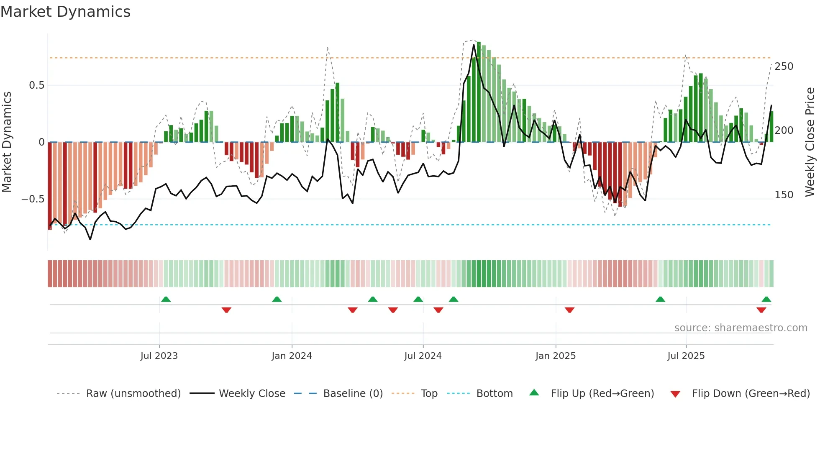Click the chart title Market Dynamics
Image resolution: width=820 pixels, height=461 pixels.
click(65, 12)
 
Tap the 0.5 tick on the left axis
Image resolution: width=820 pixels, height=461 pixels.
click(36, 85)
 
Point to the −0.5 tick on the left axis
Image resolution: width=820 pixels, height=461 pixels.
click(33, 199)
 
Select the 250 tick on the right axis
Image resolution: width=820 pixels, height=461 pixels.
click(784, 67)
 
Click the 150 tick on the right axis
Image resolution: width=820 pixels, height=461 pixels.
click(784, 195)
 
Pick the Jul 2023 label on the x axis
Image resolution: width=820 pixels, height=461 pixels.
click(159, 356)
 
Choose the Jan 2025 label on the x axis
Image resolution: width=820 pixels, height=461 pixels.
click(555, 356)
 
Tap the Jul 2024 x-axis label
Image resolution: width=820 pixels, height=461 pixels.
click(423, 356)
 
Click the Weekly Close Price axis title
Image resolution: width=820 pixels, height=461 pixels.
click(810, 142)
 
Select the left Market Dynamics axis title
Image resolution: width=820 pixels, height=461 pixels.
click(7, 142)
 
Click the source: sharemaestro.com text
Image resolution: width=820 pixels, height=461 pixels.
click(741, 328)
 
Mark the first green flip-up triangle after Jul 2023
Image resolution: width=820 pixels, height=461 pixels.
click(166, 300)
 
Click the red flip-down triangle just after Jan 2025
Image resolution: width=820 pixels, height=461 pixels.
click(569, 310)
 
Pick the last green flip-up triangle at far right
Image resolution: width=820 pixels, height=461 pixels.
click(766, 300)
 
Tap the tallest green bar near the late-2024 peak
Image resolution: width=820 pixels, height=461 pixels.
click(479, 92)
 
